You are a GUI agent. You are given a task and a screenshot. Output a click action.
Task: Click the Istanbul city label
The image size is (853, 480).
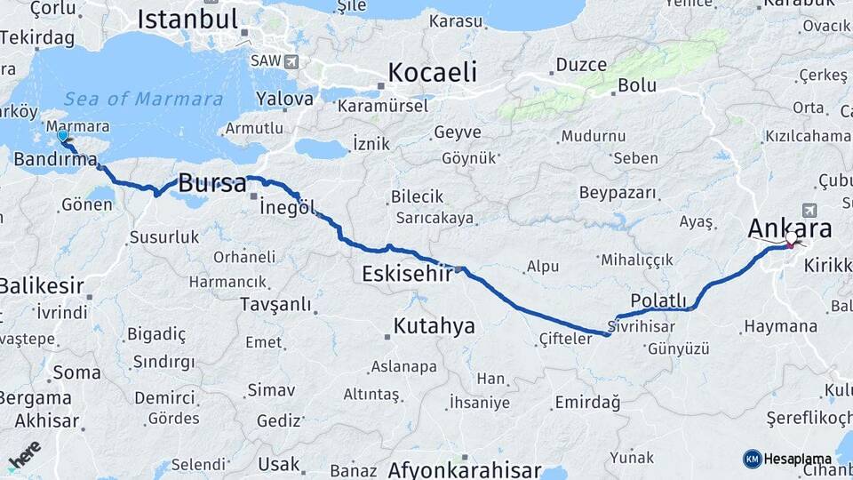pyautogui.click(x=187, y=19)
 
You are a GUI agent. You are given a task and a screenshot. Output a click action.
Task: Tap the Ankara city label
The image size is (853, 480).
pyautogui.click(x=790, y=228)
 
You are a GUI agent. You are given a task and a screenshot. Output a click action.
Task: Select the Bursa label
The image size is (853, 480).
pyautogui.click(x=212, y=184)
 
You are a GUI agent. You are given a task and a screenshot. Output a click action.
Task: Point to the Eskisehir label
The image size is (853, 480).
pyautogui.click(x=408, y=275)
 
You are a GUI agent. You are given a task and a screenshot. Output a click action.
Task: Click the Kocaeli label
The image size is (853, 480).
pyautogui.click(x=433, y=72)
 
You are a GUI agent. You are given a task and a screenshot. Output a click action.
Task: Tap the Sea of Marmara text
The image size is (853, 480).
pyautogui.click(x=144, y=99)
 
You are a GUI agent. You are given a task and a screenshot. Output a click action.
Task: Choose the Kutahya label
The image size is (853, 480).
pyautogui.click(x=434, y=325)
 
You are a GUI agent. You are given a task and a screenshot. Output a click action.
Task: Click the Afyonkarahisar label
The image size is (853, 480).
pyautogui.click(x=465, y=469)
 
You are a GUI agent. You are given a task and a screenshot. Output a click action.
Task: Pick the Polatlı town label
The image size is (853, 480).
pyautogui.click(x=658, y=300)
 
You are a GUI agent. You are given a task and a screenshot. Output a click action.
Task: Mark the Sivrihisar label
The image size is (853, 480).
pyautogui.click(x=642, y=326)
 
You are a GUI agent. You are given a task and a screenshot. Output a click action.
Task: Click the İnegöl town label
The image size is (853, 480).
pyautogui.click(x=288, y=208)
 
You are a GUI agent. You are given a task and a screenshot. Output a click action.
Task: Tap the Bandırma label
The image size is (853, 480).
pyautogui.click(x=55, y=160)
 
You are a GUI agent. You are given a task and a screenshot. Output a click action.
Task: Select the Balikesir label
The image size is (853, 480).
pyautogui.click(x=42, y=286)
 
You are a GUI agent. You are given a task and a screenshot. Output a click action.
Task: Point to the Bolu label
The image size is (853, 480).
pyautogui.click(x=636, y=85)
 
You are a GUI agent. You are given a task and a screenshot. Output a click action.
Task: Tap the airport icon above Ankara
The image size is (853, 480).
pyautogui.click(x=809, y=210)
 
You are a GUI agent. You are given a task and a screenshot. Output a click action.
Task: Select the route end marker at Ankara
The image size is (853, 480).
pyautogui.click(x=790, y=241)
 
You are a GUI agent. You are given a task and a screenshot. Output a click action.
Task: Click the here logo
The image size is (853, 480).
pyautogui.click(x=24, y=455)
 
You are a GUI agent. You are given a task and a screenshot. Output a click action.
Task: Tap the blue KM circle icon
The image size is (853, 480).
pyautogui.click(x=752, y=459)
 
